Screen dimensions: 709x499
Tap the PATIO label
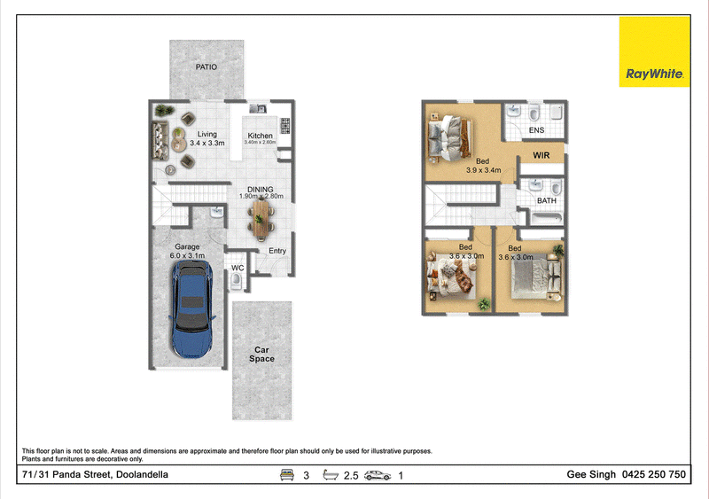(x=206, y=67)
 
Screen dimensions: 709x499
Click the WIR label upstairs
(x=541, y=155)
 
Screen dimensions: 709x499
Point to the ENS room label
(x=536, y=130)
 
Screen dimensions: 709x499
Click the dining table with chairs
(x=261, y=220)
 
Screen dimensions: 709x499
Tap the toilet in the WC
(x=237, y=281)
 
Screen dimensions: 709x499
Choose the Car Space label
(x=261, y=355)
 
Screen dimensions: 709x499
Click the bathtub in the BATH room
(x=546, y=219)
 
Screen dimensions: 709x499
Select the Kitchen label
(x=260, y=136)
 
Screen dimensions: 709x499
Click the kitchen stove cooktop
(x=284, y=126)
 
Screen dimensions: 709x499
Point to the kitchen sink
(x=258, y=109)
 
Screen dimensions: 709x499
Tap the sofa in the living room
(x=160, y=140)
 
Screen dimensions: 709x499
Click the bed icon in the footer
(x=286, y=474)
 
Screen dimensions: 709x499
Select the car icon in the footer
(x=378, y=475)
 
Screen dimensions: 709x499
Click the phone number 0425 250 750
(x=654, y=474)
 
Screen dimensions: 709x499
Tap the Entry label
(x=277, y=251)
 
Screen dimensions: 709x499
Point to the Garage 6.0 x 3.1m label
(x=187, y=251)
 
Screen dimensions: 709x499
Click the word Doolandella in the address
(x=143, y=474)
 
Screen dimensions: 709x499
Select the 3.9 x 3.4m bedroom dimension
(x=483, y=170)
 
